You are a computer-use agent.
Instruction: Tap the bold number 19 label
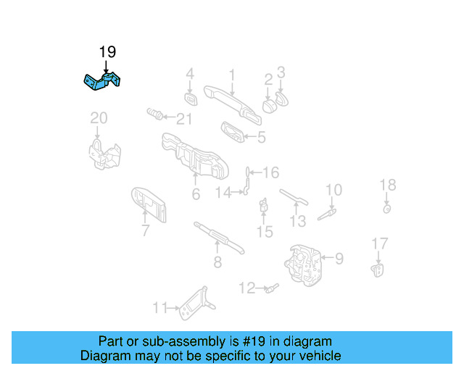107,52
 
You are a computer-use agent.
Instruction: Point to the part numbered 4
191,98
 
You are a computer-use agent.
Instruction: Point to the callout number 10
333,191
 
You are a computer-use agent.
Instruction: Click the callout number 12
246,288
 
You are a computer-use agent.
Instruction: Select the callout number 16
270,172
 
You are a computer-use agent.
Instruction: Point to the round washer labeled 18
387,209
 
